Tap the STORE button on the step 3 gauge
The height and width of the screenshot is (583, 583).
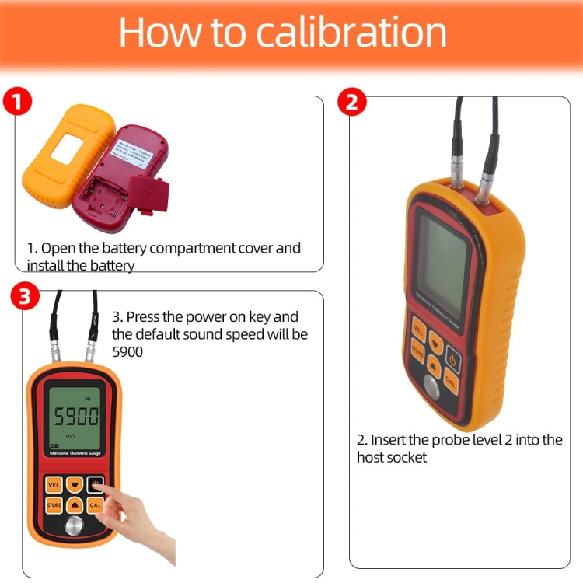pos(53,505)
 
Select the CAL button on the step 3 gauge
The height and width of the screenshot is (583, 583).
pos(96,505)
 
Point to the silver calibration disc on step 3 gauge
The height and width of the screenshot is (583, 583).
pos(73,528)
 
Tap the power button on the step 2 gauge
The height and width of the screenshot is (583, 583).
pos(453,360)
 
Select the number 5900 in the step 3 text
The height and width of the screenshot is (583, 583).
pos(127,351)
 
